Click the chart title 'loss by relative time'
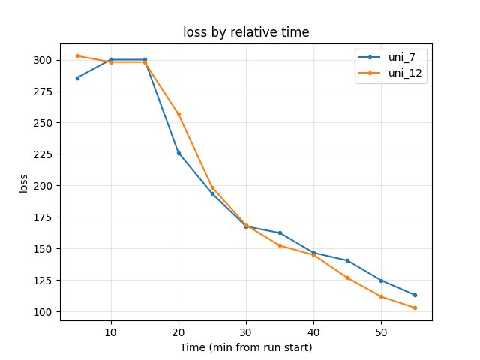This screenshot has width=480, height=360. tap(245, 32)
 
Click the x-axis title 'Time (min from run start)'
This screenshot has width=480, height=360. tap(245, 347)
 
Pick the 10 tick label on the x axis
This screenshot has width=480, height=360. tap(111, 331)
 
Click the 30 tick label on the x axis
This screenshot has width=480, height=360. tap(246, 331)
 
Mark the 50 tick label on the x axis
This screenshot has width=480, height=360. tap(381, 331)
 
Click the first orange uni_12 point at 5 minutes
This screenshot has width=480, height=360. tap(77, 55)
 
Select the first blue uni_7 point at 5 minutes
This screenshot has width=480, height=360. tap(77, 78)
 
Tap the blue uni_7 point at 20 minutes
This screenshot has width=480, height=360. tap(178, 153)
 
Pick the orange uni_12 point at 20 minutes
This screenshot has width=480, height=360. tap(178, 114)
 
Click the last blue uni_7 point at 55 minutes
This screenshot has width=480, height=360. tap(415, 295)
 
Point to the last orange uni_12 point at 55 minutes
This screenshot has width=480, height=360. tap(415, 307)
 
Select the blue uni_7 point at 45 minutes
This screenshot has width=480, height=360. tap(347, 260)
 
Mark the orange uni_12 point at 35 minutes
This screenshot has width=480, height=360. tap(280, 245)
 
